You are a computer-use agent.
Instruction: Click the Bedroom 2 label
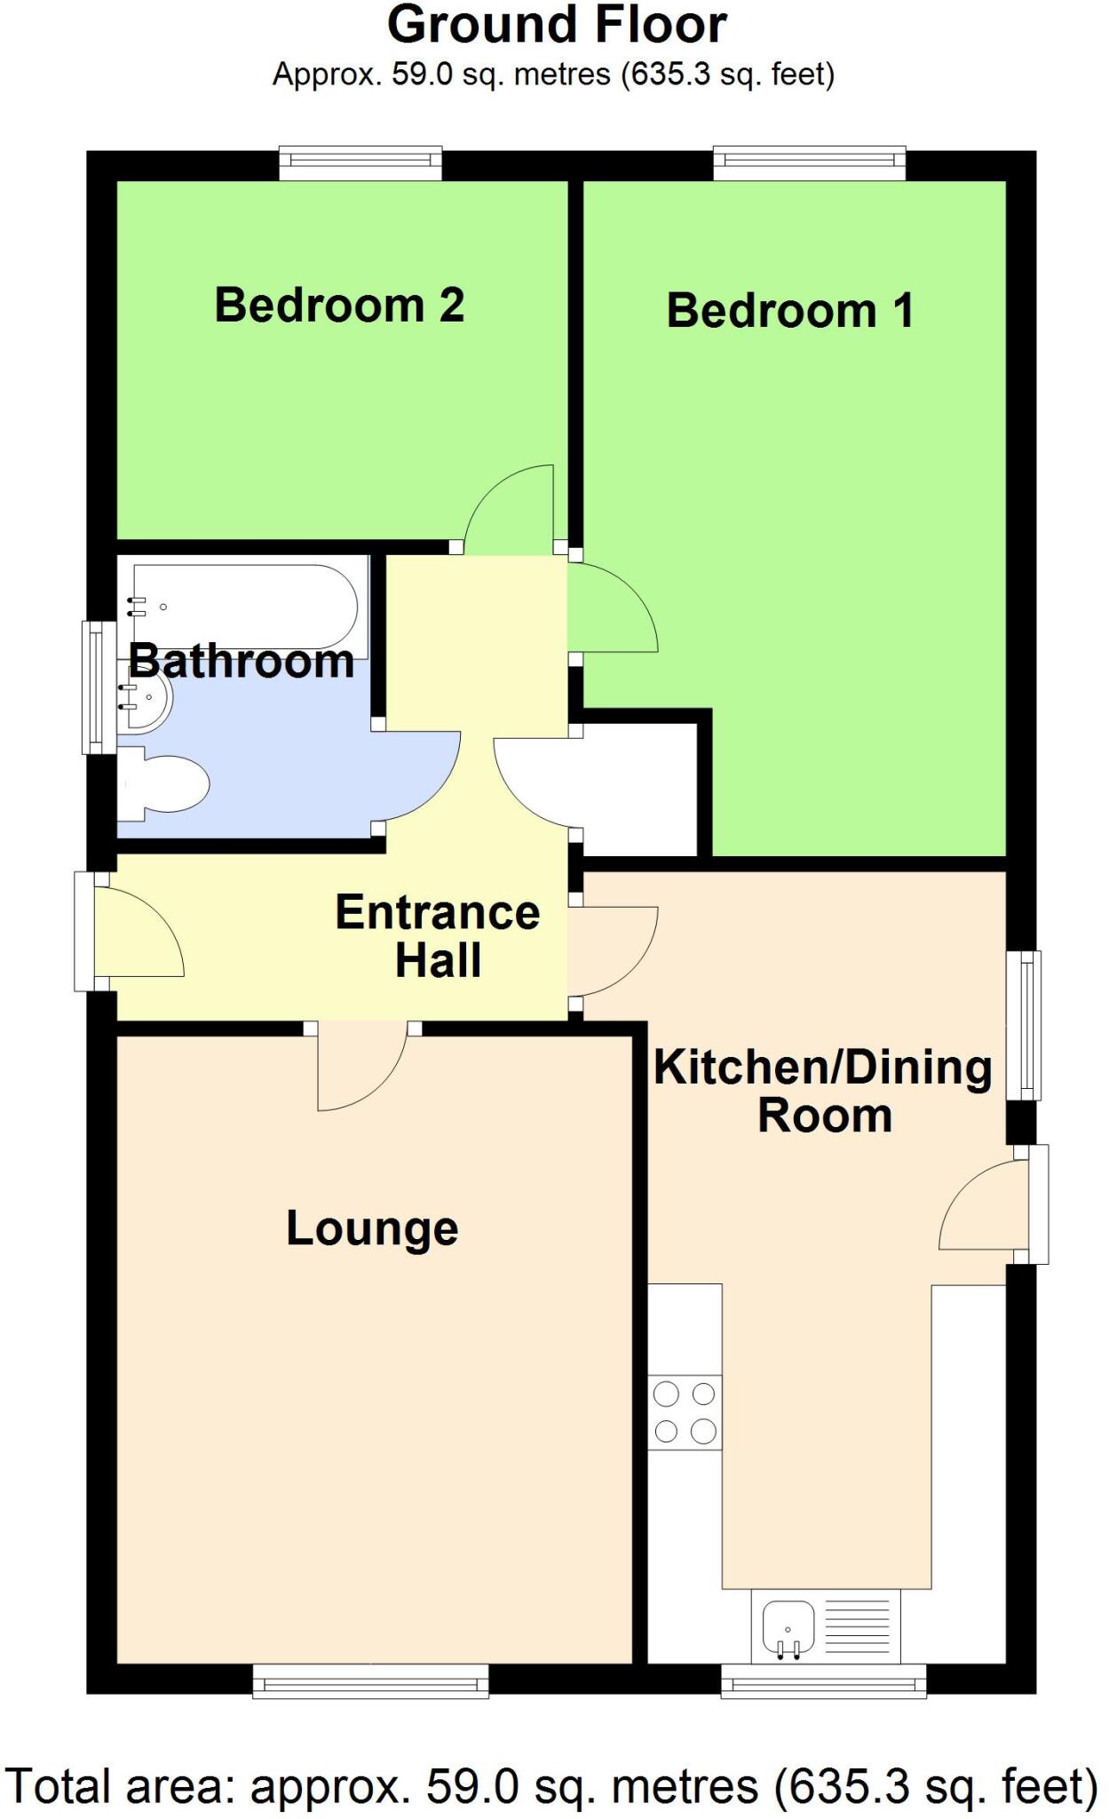tap(339, 306)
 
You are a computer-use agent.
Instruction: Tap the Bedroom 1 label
tap(789, 311)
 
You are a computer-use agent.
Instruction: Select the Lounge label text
tap(372, 1229)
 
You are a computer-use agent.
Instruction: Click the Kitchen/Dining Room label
tap(823, 1091)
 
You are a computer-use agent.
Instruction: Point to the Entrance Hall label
tap(438, 936)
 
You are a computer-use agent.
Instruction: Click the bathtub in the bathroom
tap(244, 607)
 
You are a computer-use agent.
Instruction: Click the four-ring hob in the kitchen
tap(685, 1411)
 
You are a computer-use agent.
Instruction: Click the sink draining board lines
tap(857, 1626)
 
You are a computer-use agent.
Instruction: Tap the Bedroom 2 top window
tap(360, 162)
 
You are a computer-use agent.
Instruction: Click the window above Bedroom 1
tap(810, 162)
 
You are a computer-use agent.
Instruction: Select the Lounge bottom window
tap(370, 1680)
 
